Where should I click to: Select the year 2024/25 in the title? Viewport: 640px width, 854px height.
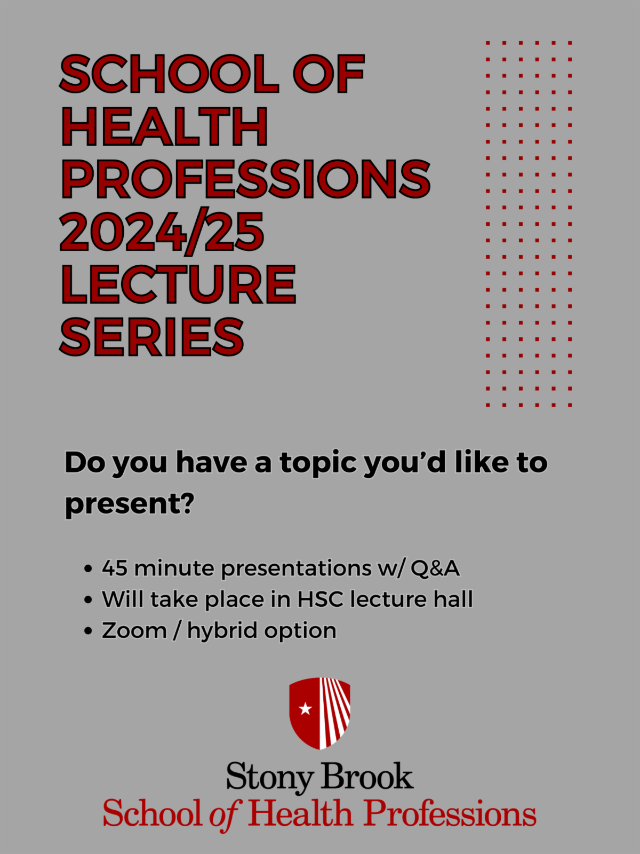click(x=162, y=232)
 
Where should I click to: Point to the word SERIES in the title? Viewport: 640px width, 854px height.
click(x=151, y=337)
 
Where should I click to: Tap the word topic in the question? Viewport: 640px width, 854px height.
click(x=318, y=463)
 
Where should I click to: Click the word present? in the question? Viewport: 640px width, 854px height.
click(x=130, y=504)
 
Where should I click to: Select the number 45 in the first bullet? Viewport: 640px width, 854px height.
click(x=115, y=568)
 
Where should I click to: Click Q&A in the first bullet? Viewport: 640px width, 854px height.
click(x=435, y=568)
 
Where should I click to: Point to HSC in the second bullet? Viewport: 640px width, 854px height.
click(x=321, y=599)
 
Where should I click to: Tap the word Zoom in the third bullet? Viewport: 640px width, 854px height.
click(x=134, y=630)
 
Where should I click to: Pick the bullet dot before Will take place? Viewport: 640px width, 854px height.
click(x=88, y=599)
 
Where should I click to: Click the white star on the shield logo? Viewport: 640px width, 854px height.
click(x=306, y=709)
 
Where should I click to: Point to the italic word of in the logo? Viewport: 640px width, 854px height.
click(x=226, y=815)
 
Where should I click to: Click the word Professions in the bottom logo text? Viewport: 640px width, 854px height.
click(x=450, y=813)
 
